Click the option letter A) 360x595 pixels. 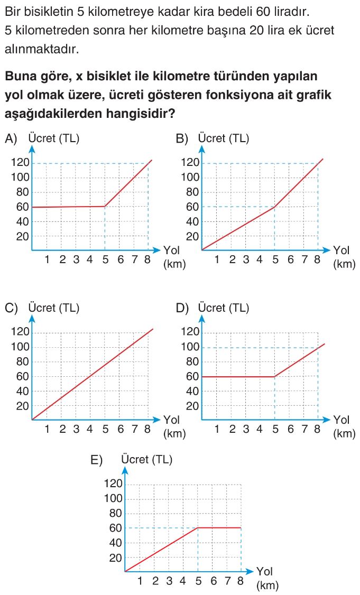point(11,139)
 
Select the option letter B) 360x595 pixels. point(182,139)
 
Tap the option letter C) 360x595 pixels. point(11,308)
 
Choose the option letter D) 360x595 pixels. point(182,308)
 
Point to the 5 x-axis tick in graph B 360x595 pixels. point(274,259)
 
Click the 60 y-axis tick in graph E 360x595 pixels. point(116,528)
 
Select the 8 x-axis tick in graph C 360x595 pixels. point(147,429)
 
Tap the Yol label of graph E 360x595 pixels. point(265,572)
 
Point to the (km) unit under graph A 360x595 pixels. point(174,264)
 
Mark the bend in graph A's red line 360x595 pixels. point(105,207)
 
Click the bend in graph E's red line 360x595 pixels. point(198,528)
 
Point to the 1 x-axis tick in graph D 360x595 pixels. point(217,429)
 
